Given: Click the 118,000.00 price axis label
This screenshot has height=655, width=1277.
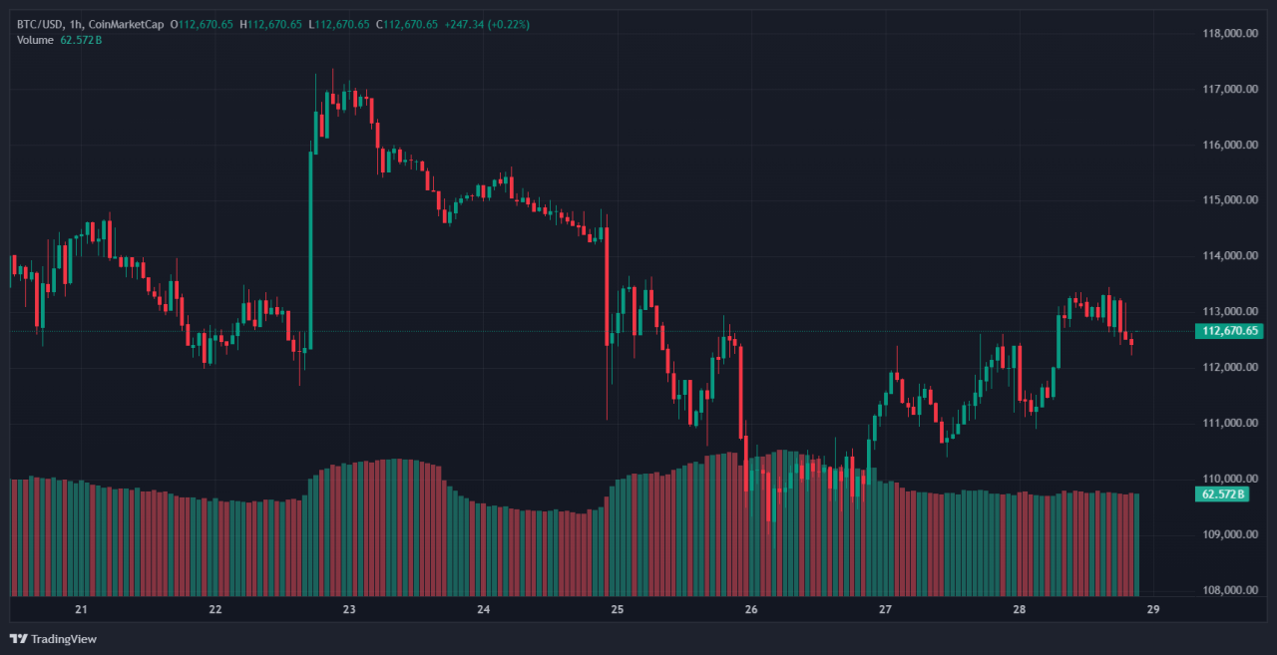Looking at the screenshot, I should (1229, 33).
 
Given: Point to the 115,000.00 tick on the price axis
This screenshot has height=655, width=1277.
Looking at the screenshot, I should (1229, 199).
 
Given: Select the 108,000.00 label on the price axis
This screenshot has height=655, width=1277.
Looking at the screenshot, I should (1229, 589).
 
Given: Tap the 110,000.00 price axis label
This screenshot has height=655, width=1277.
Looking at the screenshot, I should (1229, 479).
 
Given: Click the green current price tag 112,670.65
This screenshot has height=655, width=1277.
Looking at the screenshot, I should (1228, 331).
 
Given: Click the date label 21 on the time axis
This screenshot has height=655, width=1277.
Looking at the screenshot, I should (82, 609).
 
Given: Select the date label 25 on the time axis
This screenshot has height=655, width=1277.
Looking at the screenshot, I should (617, 609).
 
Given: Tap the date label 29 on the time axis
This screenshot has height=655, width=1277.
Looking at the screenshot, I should (1152, 609).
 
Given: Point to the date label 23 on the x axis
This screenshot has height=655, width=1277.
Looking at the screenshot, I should (349, 609).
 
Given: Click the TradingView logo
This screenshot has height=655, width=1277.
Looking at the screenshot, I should (54, 638).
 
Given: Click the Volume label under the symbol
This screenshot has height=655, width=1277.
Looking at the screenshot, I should (36, 40).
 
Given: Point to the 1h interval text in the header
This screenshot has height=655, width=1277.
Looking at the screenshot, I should (77, 24).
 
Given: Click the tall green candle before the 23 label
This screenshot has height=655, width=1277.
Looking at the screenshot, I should (311, 249).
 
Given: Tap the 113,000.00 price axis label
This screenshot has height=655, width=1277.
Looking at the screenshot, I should (1229, 311).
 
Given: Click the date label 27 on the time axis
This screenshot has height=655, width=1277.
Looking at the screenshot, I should (885, 609).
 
